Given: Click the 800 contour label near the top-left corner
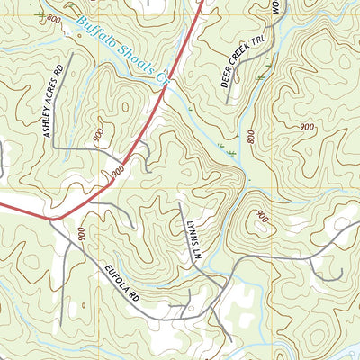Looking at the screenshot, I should tap(54, 19).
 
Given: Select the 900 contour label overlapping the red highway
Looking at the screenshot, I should tap(118, 168).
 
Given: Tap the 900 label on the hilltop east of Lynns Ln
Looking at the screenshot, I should tap(262, 217).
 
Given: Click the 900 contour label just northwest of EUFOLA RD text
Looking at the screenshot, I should tap(81, 234).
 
